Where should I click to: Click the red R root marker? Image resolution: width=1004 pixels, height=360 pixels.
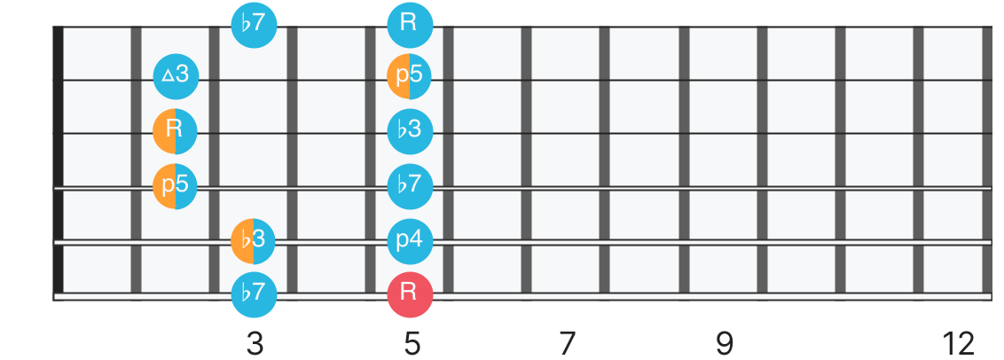pyautogui.click(x=411, y=294)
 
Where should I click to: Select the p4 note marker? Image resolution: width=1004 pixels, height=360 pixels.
pyautogui.click(x=411, y=241)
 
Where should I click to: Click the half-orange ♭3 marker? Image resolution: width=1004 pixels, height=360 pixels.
pyautogui.click(x=254, y=241)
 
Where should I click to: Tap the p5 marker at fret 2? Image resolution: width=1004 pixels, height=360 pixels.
pyautogui.click(x=175, y=186)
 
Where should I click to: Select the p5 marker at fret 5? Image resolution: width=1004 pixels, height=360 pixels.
pyautogui.click(x=409, y=76)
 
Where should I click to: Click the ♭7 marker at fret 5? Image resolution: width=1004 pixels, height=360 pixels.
pyautogui.click(x=411, y=186)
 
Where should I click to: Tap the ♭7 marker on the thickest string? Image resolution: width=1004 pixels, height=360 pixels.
pyautogui.click(x=254, y=294)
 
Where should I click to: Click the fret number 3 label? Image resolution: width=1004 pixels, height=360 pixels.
pyautogui.click(x=255, y=345)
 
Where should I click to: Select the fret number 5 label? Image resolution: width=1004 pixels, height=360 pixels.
pyautogui.click(x=412, y=345)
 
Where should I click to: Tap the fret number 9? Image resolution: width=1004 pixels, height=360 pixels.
pyautogui.click(x=725, y=345)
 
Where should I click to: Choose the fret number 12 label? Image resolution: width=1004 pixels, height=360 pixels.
pyautogui.click(x=958, y=345)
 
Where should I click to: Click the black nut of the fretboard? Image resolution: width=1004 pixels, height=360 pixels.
pyautogui.click(x=59, y=161)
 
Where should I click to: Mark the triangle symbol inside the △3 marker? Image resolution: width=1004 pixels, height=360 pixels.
pyautogui.click(x=167, y=76)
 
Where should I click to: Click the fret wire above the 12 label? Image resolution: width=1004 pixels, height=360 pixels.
pyautogui.click(x=987, y=161)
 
